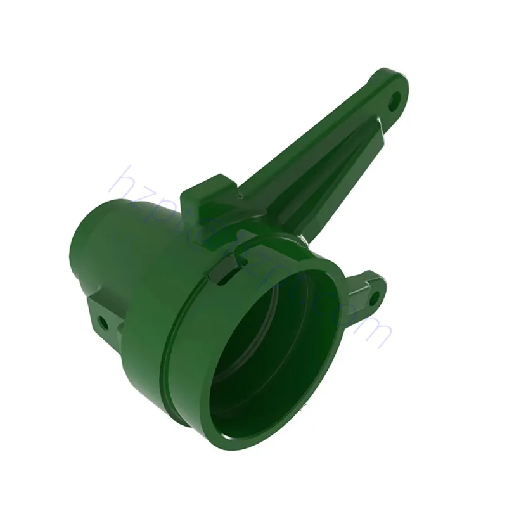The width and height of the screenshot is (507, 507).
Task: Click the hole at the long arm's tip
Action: [x=396, y=99]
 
